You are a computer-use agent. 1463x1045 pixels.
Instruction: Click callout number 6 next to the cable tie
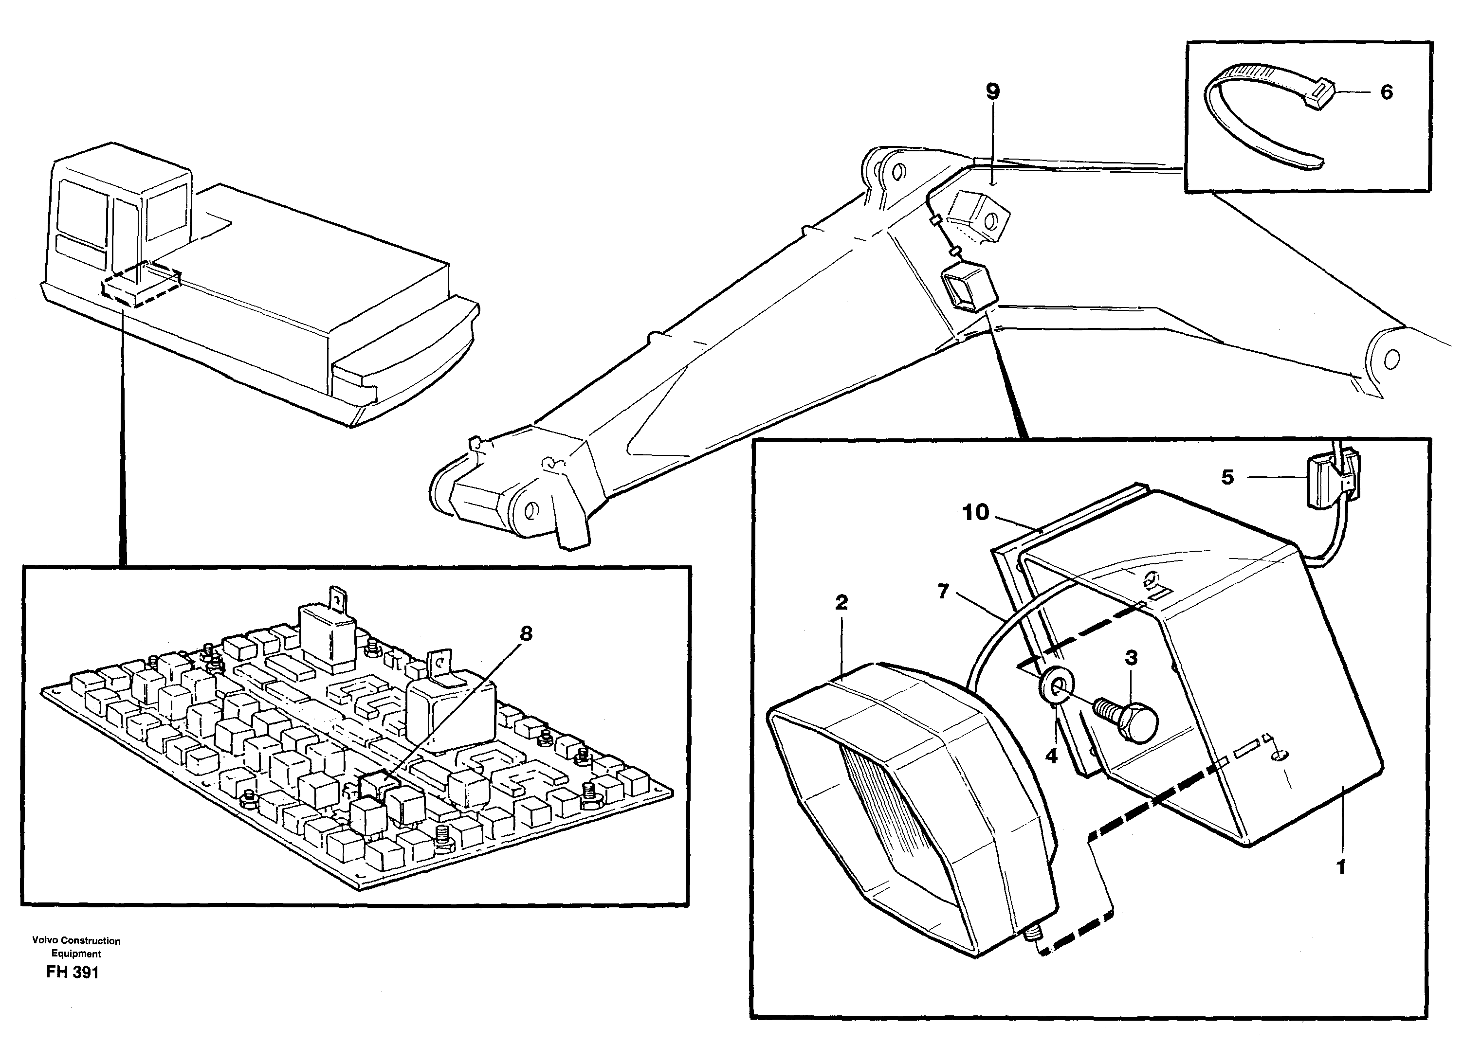tap(1387, 92)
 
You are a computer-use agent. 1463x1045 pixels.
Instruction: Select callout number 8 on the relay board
tap(526, 634)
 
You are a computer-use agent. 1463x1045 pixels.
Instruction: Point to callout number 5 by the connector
tap(1227, 477)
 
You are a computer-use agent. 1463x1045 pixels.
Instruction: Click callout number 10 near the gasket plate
tap(975, 513)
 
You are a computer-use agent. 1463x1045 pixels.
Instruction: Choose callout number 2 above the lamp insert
tap(841, 603)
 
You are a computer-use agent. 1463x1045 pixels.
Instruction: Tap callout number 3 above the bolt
tap(1131, 658)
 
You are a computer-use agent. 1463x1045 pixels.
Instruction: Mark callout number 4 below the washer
tap(1051, 756)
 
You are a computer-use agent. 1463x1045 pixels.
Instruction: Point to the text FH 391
tap(73, 973)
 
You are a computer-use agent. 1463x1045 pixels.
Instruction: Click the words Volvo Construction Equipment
tap(76, 947)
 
